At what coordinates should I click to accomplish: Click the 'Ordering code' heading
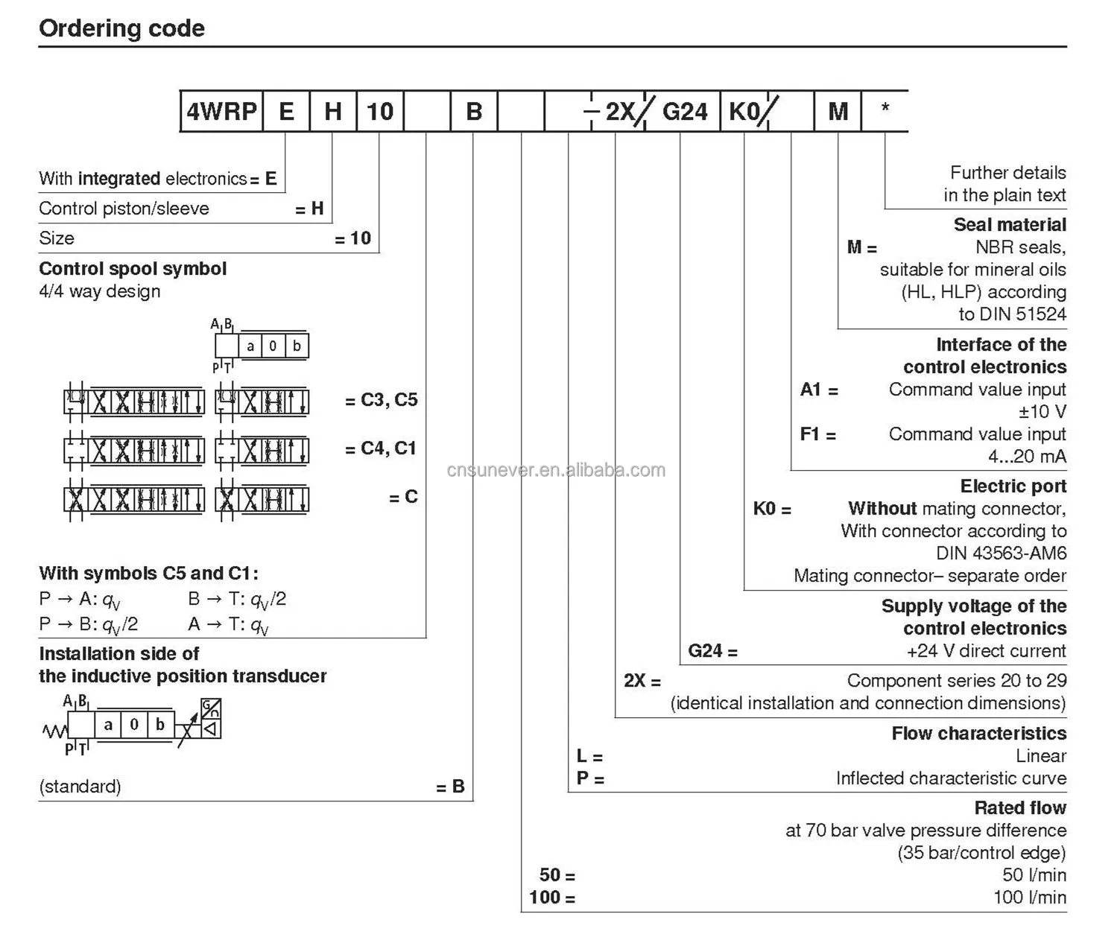click(x=121, y=28)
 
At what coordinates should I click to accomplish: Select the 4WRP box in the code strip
click(x=221, y=112)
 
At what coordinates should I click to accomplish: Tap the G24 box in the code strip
click(x=684, y=112)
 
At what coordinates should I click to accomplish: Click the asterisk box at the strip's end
click(x=884, y=110)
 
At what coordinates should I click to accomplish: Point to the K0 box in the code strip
click(x=744, y=112)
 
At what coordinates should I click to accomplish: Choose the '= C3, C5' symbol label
click(x=381, y=400)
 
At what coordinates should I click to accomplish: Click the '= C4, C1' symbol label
click(x=380, y=448)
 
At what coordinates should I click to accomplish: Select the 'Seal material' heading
click(x=1010, y=225)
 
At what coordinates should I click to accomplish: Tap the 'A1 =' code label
click(x=819, y=390)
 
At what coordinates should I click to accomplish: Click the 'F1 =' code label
click(x=818, y=434)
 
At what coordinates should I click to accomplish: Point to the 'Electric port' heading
click(x=1013, y=486)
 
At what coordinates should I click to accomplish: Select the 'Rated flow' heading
click(x=1020, y=808)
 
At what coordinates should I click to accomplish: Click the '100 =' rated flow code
click(x=552, y=898)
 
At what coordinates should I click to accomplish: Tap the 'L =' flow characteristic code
click(x=589, y=757)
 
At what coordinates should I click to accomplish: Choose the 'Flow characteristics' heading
click(x=978, y=734)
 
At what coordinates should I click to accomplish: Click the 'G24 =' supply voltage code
click(x=712, y=651)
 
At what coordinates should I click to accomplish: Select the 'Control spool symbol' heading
click(x=133, y=269)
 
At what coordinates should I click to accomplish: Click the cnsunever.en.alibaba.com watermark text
click(x=556, y=470)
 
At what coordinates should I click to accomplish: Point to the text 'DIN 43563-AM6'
click(x=1001, y=553)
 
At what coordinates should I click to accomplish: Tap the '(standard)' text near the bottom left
click(x=80, y=787)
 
